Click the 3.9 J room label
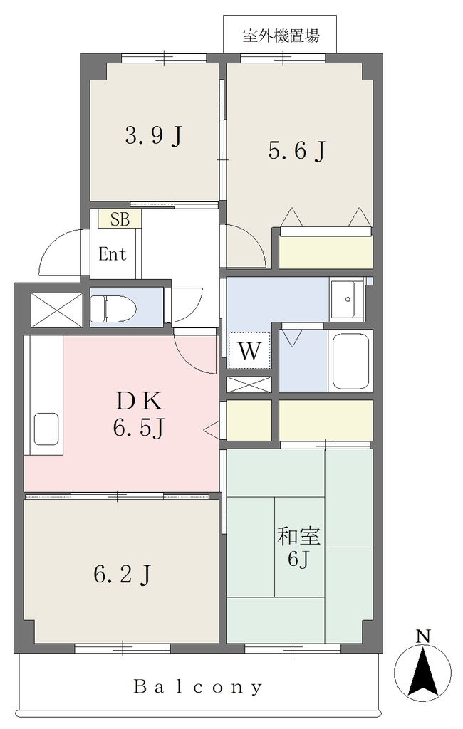coord(153,136)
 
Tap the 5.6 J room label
coord(296,150)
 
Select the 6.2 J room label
coord(122,575)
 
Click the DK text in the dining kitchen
coord(139,401)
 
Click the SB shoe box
coord(120,219)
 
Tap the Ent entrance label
coord(113,254)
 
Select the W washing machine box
coord(249,350)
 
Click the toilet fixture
coord(113,308)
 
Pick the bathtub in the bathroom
coord(350,361)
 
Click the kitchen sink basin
coord(46,429)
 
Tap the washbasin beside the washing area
coord(347,299)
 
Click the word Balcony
coord(198,686)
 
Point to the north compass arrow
coord(422,672)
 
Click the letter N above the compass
coord(422,636)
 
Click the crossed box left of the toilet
coord(56,310)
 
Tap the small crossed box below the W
coord(249,385)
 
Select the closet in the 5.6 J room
coord(326,251)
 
